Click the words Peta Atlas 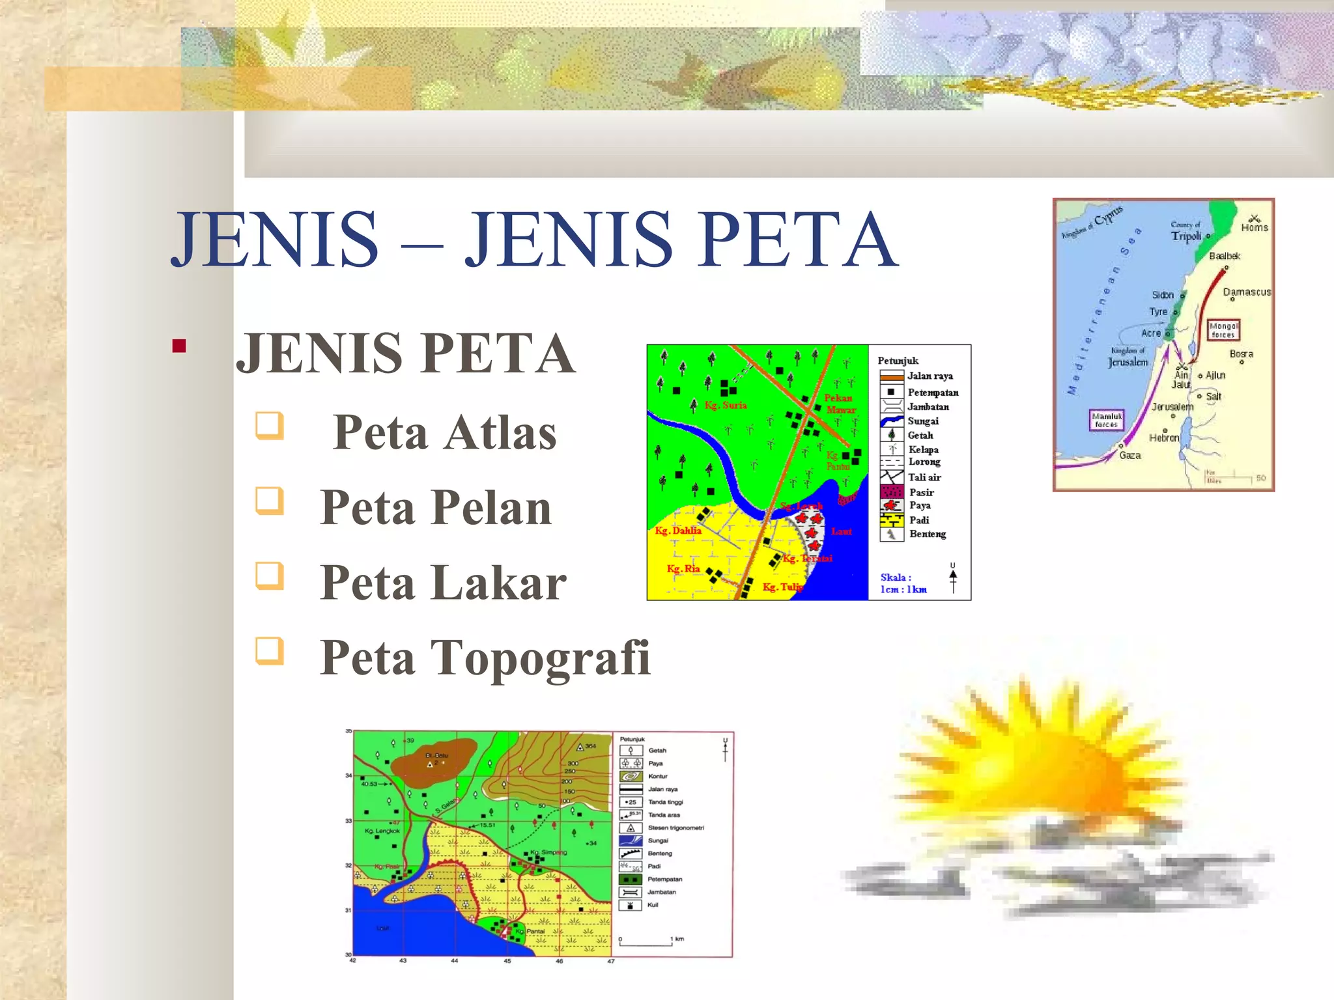tap(444, 432)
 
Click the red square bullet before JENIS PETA tap(179, 346)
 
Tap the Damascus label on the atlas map tap(1247, 292)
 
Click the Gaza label tap(1130, 455)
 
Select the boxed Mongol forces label tap(1223, 330)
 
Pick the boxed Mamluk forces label tap(1106, 420)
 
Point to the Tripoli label tap(1185, 236)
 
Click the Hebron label tap(1163, 437)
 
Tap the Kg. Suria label tap(726, 405)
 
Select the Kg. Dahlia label tap(678, 531)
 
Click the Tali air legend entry tap(924, 477)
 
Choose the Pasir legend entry tap(921, 492)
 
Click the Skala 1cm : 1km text tap(903, 583)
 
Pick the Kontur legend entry tap(657, 776)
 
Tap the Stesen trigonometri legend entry tap(675, 827)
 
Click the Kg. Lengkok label tap(382, 831)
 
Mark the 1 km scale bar tap(646, 942)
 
